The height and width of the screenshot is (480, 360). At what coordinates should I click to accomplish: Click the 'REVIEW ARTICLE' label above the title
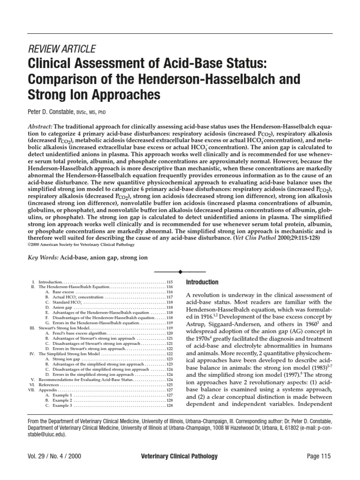tap(62, 49)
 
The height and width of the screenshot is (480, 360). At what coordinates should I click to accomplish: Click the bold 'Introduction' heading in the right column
tap(202, 282)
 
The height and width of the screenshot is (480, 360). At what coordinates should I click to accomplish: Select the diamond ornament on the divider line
tap(180, 271)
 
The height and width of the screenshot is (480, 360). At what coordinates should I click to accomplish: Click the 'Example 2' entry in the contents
tap(62, 401)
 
